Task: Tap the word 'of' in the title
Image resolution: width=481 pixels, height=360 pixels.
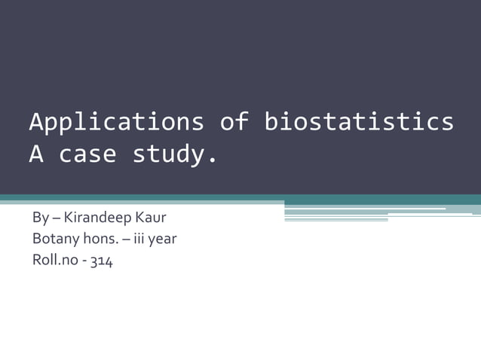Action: tap(234, 122)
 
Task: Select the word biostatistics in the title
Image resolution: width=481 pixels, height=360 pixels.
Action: tap(359, 122)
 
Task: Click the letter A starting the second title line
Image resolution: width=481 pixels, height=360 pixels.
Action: tap(36, 155)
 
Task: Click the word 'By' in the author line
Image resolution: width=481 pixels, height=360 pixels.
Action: tap(40, 220)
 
